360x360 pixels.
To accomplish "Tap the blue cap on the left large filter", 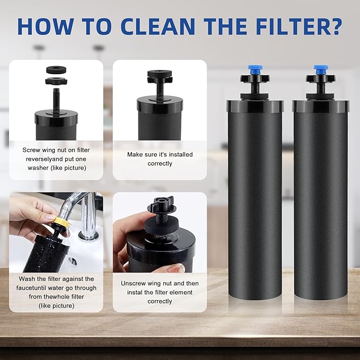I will click(x=255, y=69).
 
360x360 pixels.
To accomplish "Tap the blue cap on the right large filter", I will click(x=320, y=69).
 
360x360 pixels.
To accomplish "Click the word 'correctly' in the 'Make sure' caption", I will click(x=160, y=164).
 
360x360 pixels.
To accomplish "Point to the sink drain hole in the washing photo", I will click(x=73, y=261).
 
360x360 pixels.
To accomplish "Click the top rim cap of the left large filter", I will click(x=254, y=106).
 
